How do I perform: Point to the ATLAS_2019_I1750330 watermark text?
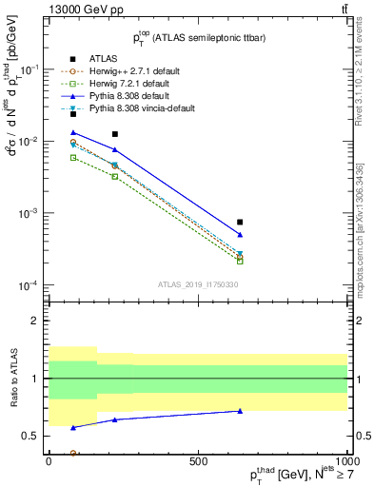click(x=198, y=283)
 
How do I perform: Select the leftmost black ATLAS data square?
click(x=73, y=114)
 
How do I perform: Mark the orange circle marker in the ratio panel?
click(x=73, y=453)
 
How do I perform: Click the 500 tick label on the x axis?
click(x=198, y=460)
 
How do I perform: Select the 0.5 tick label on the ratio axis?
click(x=32, y=437)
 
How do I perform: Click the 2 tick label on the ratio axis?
click(x=36, y=321)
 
